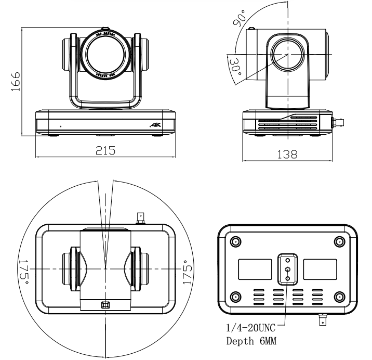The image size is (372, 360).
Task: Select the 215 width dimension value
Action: tap(105, 150)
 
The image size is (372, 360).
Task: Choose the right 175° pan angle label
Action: tap(188, 268)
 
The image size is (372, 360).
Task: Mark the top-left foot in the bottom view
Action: tap(235, 242)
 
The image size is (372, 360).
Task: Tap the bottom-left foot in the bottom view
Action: tap(235, 297)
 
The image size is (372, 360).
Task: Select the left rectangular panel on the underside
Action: tap(255, 269)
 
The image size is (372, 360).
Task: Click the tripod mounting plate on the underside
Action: tap(287, 269)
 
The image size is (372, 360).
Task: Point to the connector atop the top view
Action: tap(140, 217)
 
